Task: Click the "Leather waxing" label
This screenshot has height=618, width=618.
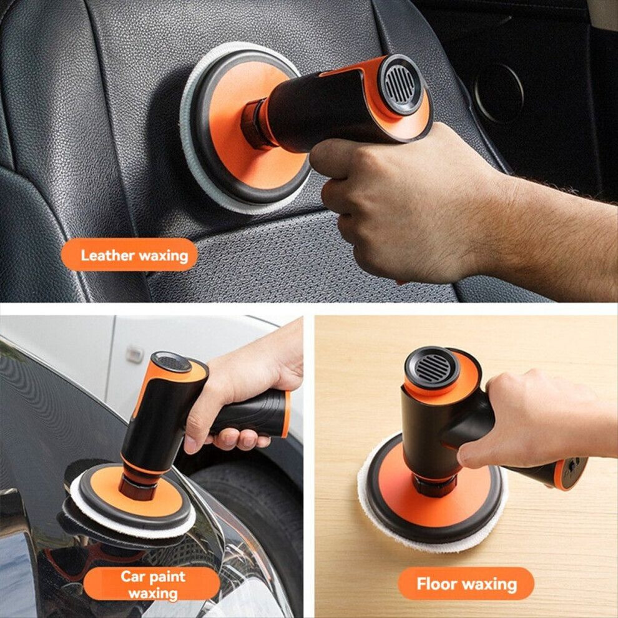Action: coord(129,255)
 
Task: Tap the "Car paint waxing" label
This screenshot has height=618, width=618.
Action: coord(152,584)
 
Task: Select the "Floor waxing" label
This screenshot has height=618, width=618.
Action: coord(466,584)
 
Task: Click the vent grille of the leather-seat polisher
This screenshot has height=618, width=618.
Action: coord(400,84)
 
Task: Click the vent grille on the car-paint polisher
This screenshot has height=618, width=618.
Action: coord(172,363)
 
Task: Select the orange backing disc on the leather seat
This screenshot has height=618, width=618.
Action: coord(252,130)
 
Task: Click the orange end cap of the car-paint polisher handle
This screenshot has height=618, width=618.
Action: coord(286,414)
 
